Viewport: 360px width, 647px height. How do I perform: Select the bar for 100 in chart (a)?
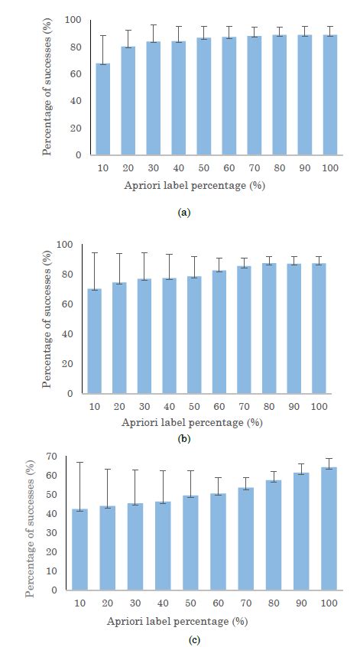coord(330,95)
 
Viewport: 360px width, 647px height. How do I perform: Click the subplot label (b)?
coord(183,439)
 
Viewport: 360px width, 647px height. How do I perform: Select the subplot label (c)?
coord(183,634)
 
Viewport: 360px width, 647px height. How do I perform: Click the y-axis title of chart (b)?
coord(47,320)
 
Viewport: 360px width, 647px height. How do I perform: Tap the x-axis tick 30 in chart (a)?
coord(154,167)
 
